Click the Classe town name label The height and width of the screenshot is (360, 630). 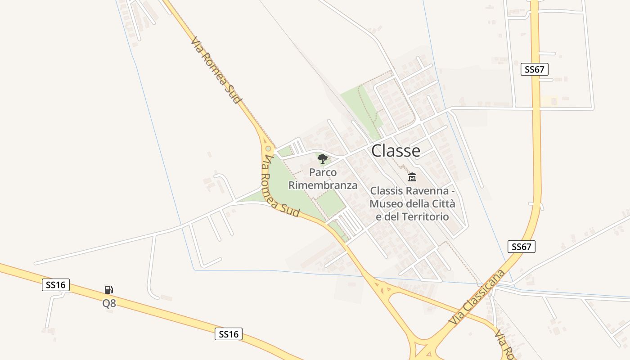[x=396, y=151]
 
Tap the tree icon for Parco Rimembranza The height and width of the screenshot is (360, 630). [x=322, y=158]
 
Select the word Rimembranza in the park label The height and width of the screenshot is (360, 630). [x=323, y=185]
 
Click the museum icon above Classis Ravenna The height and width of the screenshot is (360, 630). [x=412, y=177]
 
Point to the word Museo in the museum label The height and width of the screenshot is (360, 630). [x=386, y=204]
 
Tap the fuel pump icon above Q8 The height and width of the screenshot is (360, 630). [x=108, y=290]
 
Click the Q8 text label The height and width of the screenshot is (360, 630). [x=109, y=303]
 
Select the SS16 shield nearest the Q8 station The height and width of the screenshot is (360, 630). [x=56, y=284]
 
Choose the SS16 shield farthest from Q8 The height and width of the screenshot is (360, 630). [x=229, y=334]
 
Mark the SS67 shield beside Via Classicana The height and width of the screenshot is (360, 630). [x=522, y=247]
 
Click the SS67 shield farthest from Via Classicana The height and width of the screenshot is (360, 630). [x=535, y=69]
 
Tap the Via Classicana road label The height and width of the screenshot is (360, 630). [x=477, y=297]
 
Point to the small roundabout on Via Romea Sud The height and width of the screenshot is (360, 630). [x=268, y=148]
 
